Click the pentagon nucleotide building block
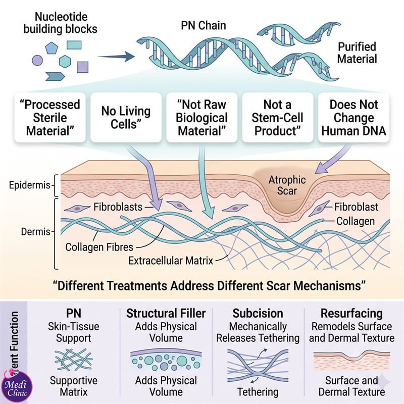(x=52, y=48)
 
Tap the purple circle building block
(x=37, y=61)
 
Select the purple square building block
(x=82, y=67)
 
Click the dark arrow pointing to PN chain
(x=116, y=57)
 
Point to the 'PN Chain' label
(x=204, y=26)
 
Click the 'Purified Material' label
(x=357, y=53)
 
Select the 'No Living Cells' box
(x=126, y=118)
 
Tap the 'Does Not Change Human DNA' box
(x=354, y=118)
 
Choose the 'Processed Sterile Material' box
(x=50, y=118)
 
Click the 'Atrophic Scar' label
(x=287, y=185)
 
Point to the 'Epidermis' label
(x=29, y=185)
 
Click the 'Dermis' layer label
(x=35, y=232)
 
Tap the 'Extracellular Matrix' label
(x=171, y=261)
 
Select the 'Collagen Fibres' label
(x=99, y=247)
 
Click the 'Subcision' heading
(x=258, y=314)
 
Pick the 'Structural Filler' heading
(x=166, y=314)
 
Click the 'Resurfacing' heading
(x=351, y=314)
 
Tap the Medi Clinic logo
(x=17, y=385)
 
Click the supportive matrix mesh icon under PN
(x=74, y=360)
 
